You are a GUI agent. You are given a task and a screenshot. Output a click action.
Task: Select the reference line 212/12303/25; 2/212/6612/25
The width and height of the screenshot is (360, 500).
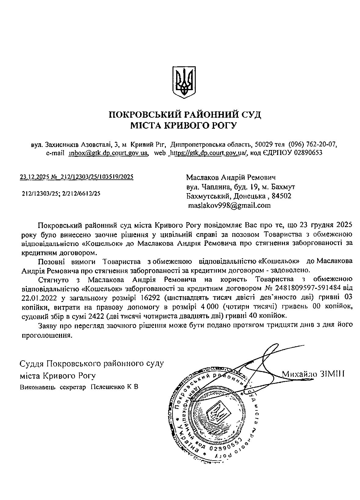[x=61, y=193]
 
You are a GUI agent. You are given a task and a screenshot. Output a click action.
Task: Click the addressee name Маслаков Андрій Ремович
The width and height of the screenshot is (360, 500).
[x=231, y=177]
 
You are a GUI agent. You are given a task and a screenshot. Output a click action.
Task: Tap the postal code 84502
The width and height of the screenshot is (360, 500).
[x=281, y=196]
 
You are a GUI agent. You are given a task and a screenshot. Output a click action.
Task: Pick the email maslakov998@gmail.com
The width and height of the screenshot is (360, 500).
[x=229, y=205]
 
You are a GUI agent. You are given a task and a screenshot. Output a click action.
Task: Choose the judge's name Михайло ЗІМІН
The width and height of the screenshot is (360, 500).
[x=313, y=374]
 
